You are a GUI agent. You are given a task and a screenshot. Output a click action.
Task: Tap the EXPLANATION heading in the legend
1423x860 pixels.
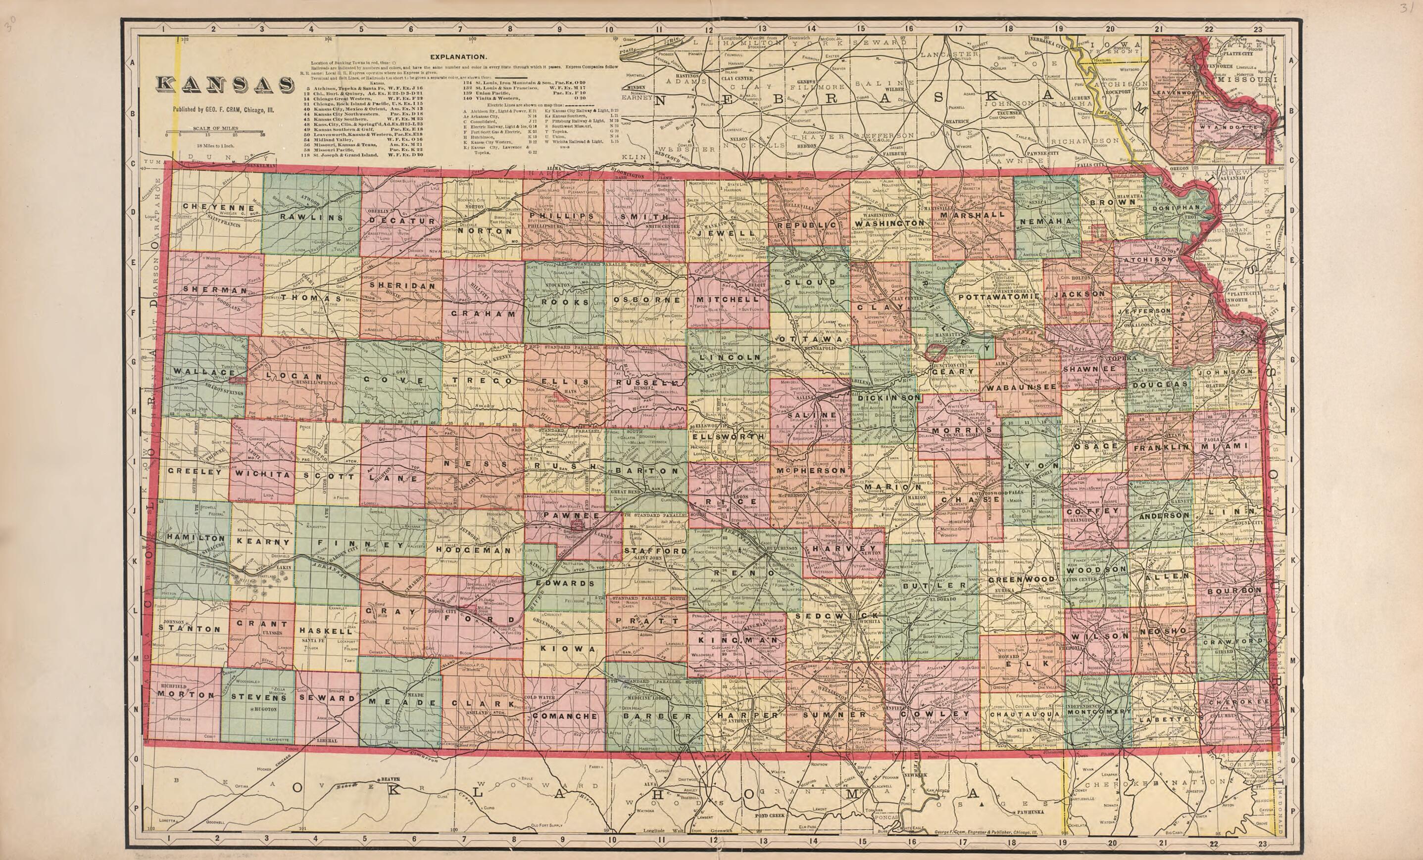[x=457, y=57]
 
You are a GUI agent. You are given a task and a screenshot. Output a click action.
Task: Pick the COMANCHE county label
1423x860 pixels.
[x=564, y=716]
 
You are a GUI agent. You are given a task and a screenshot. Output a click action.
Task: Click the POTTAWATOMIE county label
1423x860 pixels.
[x=1000, y=297]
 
